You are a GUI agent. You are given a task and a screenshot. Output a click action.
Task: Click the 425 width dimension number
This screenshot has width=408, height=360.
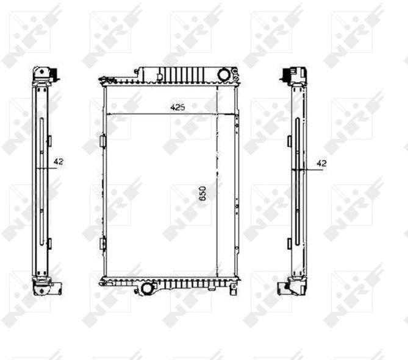[177, 107]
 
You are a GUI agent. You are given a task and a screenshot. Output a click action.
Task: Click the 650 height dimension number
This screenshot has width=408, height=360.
[202, 193]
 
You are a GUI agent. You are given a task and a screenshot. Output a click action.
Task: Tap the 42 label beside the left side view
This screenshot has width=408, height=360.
[59, 161]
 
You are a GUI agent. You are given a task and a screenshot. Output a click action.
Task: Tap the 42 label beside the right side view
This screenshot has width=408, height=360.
[321, 163]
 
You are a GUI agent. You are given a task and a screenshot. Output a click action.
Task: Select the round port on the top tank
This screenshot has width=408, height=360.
[223, 74]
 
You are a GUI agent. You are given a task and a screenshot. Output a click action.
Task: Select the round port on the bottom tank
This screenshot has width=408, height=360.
[148, 288]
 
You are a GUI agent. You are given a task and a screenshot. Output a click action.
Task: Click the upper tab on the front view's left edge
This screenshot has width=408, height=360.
[103, 141]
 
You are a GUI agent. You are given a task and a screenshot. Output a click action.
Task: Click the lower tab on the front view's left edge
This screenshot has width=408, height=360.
[103, 244]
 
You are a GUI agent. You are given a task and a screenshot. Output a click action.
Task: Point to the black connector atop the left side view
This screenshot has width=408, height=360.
[55, 74]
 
